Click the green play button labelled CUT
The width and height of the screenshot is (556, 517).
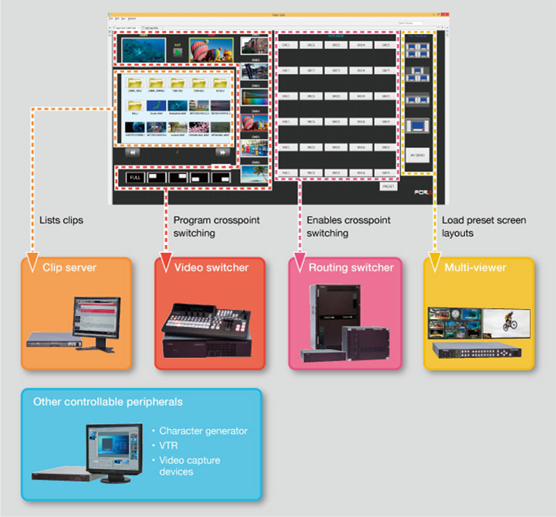click(x=177, y=52)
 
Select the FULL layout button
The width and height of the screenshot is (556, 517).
click(x=135, y=177)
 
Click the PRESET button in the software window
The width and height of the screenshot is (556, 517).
click(x=388, y=187)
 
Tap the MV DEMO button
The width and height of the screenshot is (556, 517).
click(x=417, y=155)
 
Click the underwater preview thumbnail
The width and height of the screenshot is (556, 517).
click(x=143, y=50)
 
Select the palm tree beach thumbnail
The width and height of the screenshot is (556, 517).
click(x=254, y=174)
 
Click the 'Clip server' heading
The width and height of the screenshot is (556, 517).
click(x=69, y=268)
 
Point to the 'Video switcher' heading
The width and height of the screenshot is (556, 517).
click(x=211, y=268)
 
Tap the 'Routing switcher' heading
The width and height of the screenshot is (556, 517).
click(x=351, y=268)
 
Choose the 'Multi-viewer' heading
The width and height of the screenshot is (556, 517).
click(x=475, y=268)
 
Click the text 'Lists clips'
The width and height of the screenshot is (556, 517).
click(x=61, y=220)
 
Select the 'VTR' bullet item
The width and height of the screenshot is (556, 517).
click(x=168, y=446)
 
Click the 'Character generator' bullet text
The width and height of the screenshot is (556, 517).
click(x=203, y=431)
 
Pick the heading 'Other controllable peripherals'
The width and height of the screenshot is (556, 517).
click(x=108, y=402)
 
